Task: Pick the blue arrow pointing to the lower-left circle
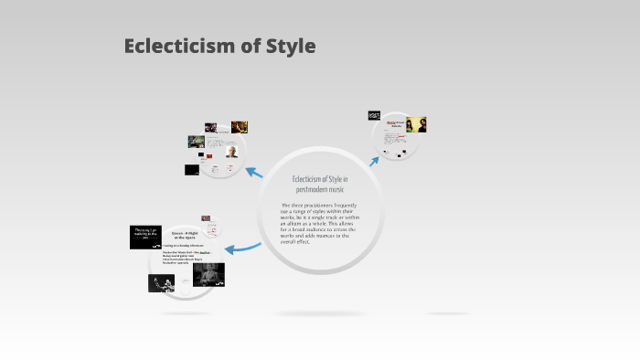[242, 247]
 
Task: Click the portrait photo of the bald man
[232, 152]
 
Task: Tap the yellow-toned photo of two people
[416, 124]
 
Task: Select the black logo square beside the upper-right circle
[374, 116]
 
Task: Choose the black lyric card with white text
[147, 238]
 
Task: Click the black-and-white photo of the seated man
[208, 273]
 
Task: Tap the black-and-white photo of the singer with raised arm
[161, 282]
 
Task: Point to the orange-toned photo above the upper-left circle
[240, 127]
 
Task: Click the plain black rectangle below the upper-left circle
[192, 170]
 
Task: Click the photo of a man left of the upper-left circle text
[196, 142]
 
